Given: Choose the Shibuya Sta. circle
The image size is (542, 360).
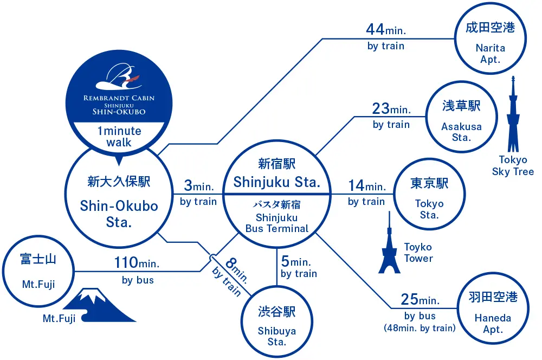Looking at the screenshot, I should pos(277,324).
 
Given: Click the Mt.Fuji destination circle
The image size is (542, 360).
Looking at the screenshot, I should pos(38,272).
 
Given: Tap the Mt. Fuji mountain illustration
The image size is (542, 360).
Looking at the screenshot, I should pos(100,306).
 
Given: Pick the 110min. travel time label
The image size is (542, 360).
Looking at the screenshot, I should pos(137,263).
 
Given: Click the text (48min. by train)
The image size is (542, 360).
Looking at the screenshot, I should pos(420,327).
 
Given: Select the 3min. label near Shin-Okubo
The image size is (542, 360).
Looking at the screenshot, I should pos(198,187).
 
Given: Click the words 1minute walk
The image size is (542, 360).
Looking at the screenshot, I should pos(119,137).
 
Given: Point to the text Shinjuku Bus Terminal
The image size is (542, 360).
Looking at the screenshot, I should pos(277,223).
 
